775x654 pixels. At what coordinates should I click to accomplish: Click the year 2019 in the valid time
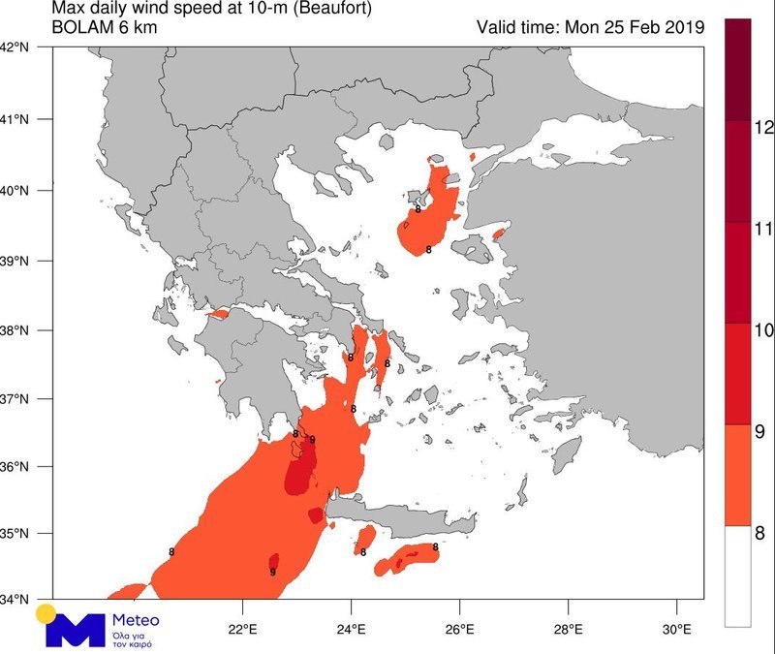tap(679, 27)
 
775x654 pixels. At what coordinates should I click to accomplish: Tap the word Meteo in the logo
tap(131, 620)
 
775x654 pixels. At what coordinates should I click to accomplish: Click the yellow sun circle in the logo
tap(45, 613)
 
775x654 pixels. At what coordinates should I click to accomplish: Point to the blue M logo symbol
tap(76, 631)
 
